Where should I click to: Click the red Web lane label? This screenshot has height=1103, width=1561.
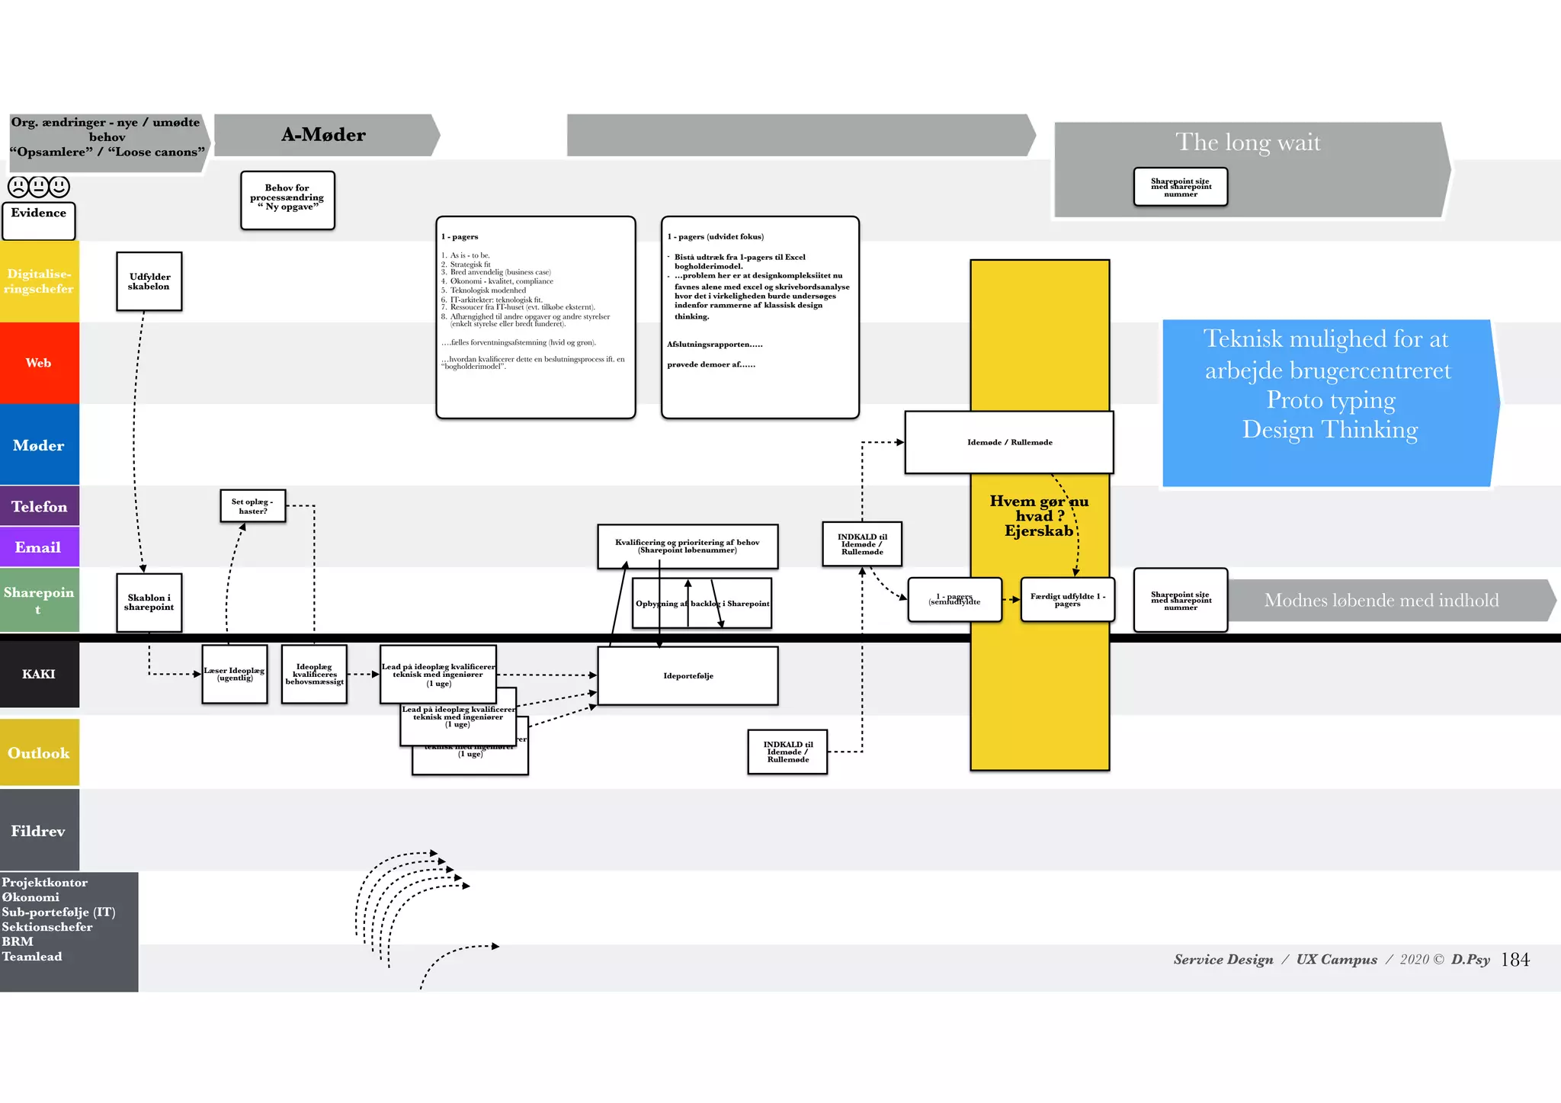coord(39,363)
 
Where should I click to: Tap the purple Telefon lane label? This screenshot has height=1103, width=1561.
coord(39,506)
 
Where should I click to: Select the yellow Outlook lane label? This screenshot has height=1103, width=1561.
coord(39,752)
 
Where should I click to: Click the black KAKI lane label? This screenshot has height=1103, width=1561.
coord(39,674)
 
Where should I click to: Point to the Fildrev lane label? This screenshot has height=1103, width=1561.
coord(39,830)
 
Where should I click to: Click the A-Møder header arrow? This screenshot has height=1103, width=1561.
coord(324,135)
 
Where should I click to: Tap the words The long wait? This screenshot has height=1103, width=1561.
coord(1247,143)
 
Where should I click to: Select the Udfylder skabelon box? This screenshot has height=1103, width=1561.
coord(149,281)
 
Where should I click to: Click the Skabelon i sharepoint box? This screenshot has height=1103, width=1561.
coord(149,602)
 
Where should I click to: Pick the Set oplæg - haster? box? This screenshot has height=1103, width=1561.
coord(253,506)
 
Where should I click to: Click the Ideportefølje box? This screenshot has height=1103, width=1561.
coord(688,675)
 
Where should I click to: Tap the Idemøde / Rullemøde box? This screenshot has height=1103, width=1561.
coord(1009,442)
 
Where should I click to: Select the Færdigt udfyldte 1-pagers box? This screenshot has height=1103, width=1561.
coord(1067,600)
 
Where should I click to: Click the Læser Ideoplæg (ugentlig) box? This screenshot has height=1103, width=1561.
coord(235,674)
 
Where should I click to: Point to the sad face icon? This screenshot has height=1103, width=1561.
coord(18,186)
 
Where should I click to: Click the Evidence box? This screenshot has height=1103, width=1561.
coord(39,220)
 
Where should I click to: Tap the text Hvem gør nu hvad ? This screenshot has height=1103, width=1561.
coord(1039,508)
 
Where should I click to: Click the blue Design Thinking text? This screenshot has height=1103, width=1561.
coord(1329,430)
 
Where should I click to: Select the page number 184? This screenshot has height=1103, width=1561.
coord(1515,960)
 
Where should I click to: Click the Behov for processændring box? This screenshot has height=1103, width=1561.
coord(287,200)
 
